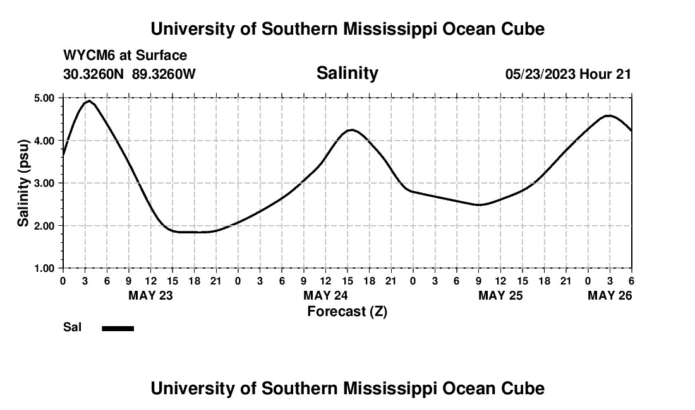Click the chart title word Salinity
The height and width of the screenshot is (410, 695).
(x=347, y=73)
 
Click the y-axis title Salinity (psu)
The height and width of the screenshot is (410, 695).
(x=23, y=183)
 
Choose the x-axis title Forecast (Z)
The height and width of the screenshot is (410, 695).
(x=347, y=311)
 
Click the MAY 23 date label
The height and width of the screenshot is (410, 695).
(x=150, y=296)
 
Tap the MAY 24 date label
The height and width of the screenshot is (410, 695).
(x=325, y=296)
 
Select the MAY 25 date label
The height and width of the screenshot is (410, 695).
(x=500, y=296)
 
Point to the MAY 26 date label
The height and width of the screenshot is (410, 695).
(x=610, y=296)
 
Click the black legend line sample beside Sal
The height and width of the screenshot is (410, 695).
(x=118, y=328)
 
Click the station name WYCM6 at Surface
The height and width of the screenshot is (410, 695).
(x=125, y=56)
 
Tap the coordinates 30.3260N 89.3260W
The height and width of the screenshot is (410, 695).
(x=130, y=74)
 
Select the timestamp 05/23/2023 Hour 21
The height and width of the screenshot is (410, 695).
(x=568, y=74)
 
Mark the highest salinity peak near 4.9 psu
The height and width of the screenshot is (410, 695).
(x=89, y=101)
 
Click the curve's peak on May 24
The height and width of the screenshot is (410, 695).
(x=351, y=130)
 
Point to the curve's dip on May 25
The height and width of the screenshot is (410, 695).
(x=480, y=205)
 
